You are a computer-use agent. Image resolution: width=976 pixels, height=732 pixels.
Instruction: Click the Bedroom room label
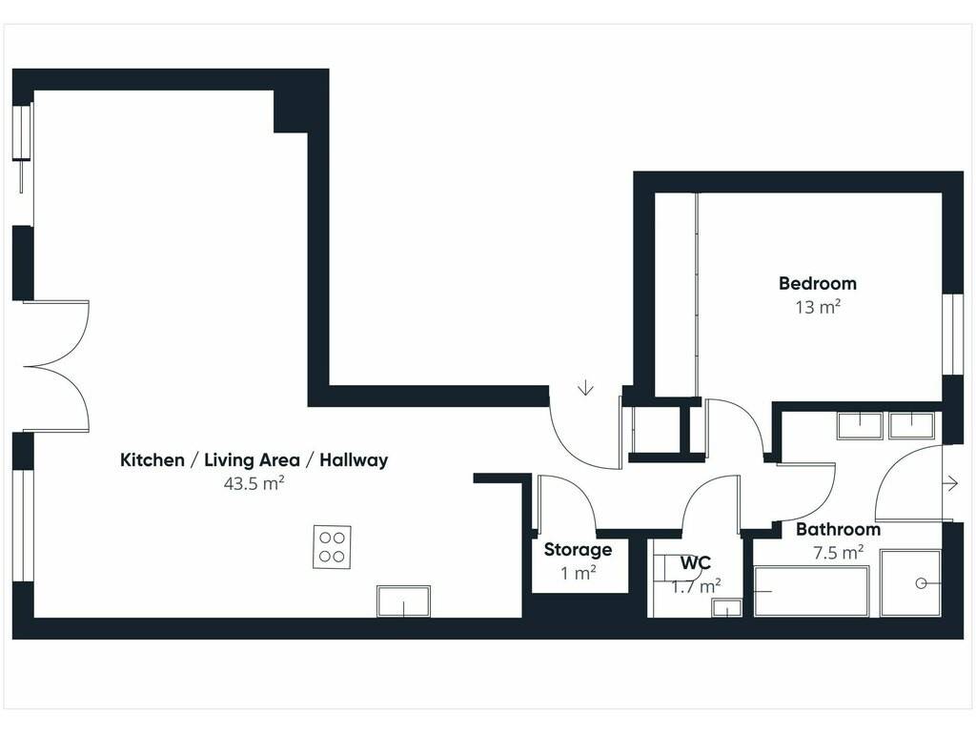(x=817, y=284)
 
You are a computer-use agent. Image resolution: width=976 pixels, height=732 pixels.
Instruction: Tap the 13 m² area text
(x=818, y=307)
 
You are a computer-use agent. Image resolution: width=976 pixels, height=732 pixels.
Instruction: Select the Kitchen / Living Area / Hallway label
(x=254, y=460)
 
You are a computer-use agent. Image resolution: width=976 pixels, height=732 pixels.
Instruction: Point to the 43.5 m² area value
(x=254, y=483)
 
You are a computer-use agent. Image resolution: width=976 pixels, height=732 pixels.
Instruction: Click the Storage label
(x=578, y=550)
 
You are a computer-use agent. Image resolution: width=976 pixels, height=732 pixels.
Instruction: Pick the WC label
(x=695, y=562)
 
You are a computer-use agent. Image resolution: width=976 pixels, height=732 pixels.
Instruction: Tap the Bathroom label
(x=838, y=530)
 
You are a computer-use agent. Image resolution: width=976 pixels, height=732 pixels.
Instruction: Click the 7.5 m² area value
(x=838, y=552)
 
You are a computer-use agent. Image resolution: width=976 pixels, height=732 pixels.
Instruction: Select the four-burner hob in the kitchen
(x=332, y=547)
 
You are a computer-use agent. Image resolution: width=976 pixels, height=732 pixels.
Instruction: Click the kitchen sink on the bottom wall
(x=403, y=601)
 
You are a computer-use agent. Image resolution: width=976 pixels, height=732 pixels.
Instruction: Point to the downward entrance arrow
(x=585, y=388)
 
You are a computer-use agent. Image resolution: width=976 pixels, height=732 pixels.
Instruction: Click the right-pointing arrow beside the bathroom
(x=951, y=483)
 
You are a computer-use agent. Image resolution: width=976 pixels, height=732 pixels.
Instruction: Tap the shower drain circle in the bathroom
(x=922, y=583)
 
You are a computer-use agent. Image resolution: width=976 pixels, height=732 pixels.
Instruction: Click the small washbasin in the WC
(x=726, y=608)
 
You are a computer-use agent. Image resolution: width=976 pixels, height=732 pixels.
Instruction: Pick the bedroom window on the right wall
(x=952, y=335)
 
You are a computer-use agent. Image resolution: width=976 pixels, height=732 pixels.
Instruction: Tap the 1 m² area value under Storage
(x=579, y=573)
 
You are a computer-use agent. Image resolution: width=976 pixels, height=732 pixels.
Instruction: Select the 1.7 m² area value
(x=696, y=586)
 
